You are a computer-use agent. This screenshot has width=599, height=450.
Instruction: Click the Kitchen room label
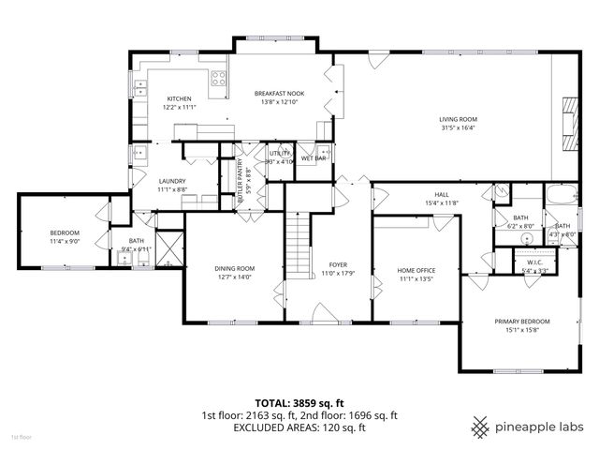click(179, 98)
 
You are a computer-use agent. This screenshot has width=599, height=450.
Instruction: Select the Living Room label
click(459, 119)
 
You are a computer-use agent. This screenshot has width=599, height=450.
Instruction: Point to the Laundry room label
click(172, 181)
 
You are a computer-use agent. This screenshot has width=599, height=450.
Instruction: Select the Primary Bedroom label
click(522, 322)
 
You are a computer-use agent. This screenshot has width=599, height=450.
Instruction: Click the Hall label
click(441, 194)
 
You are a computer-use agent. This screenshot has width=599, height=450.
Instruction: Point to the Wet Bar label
click(314, 158)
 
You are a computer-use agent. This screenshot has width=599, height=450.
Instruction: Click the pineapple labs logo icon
click(481, 427)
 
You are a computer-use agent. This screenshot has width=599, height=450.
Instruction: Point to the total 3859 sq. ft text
click(299, 402)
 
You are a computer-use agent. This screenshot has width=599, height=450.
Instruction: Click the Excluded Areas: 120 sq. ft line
click(299, 427)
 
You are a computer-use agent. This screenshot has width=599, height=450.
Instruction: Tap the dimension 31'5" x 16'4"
click(459, 128)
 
